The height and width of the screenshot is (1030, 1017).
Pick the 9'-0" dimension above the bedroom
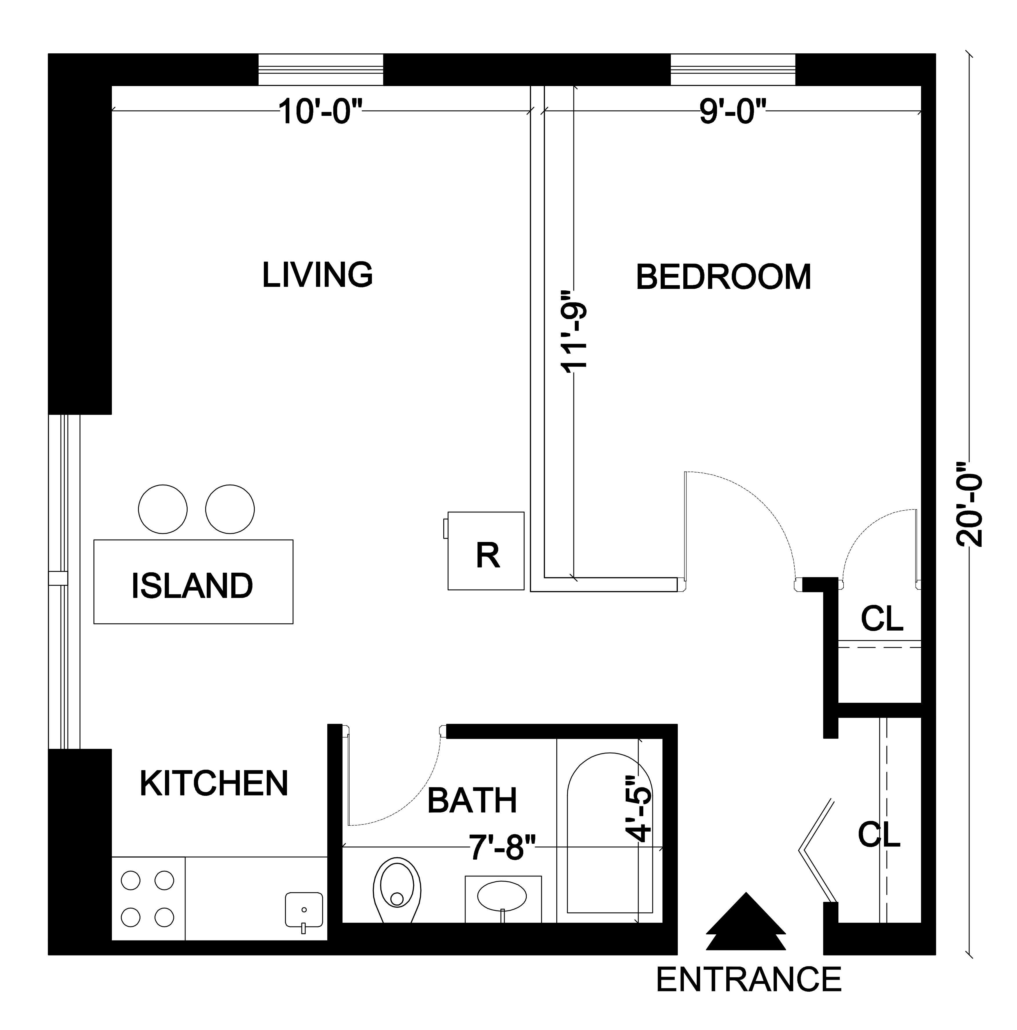pyautogui.click(x=732, y=112)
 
